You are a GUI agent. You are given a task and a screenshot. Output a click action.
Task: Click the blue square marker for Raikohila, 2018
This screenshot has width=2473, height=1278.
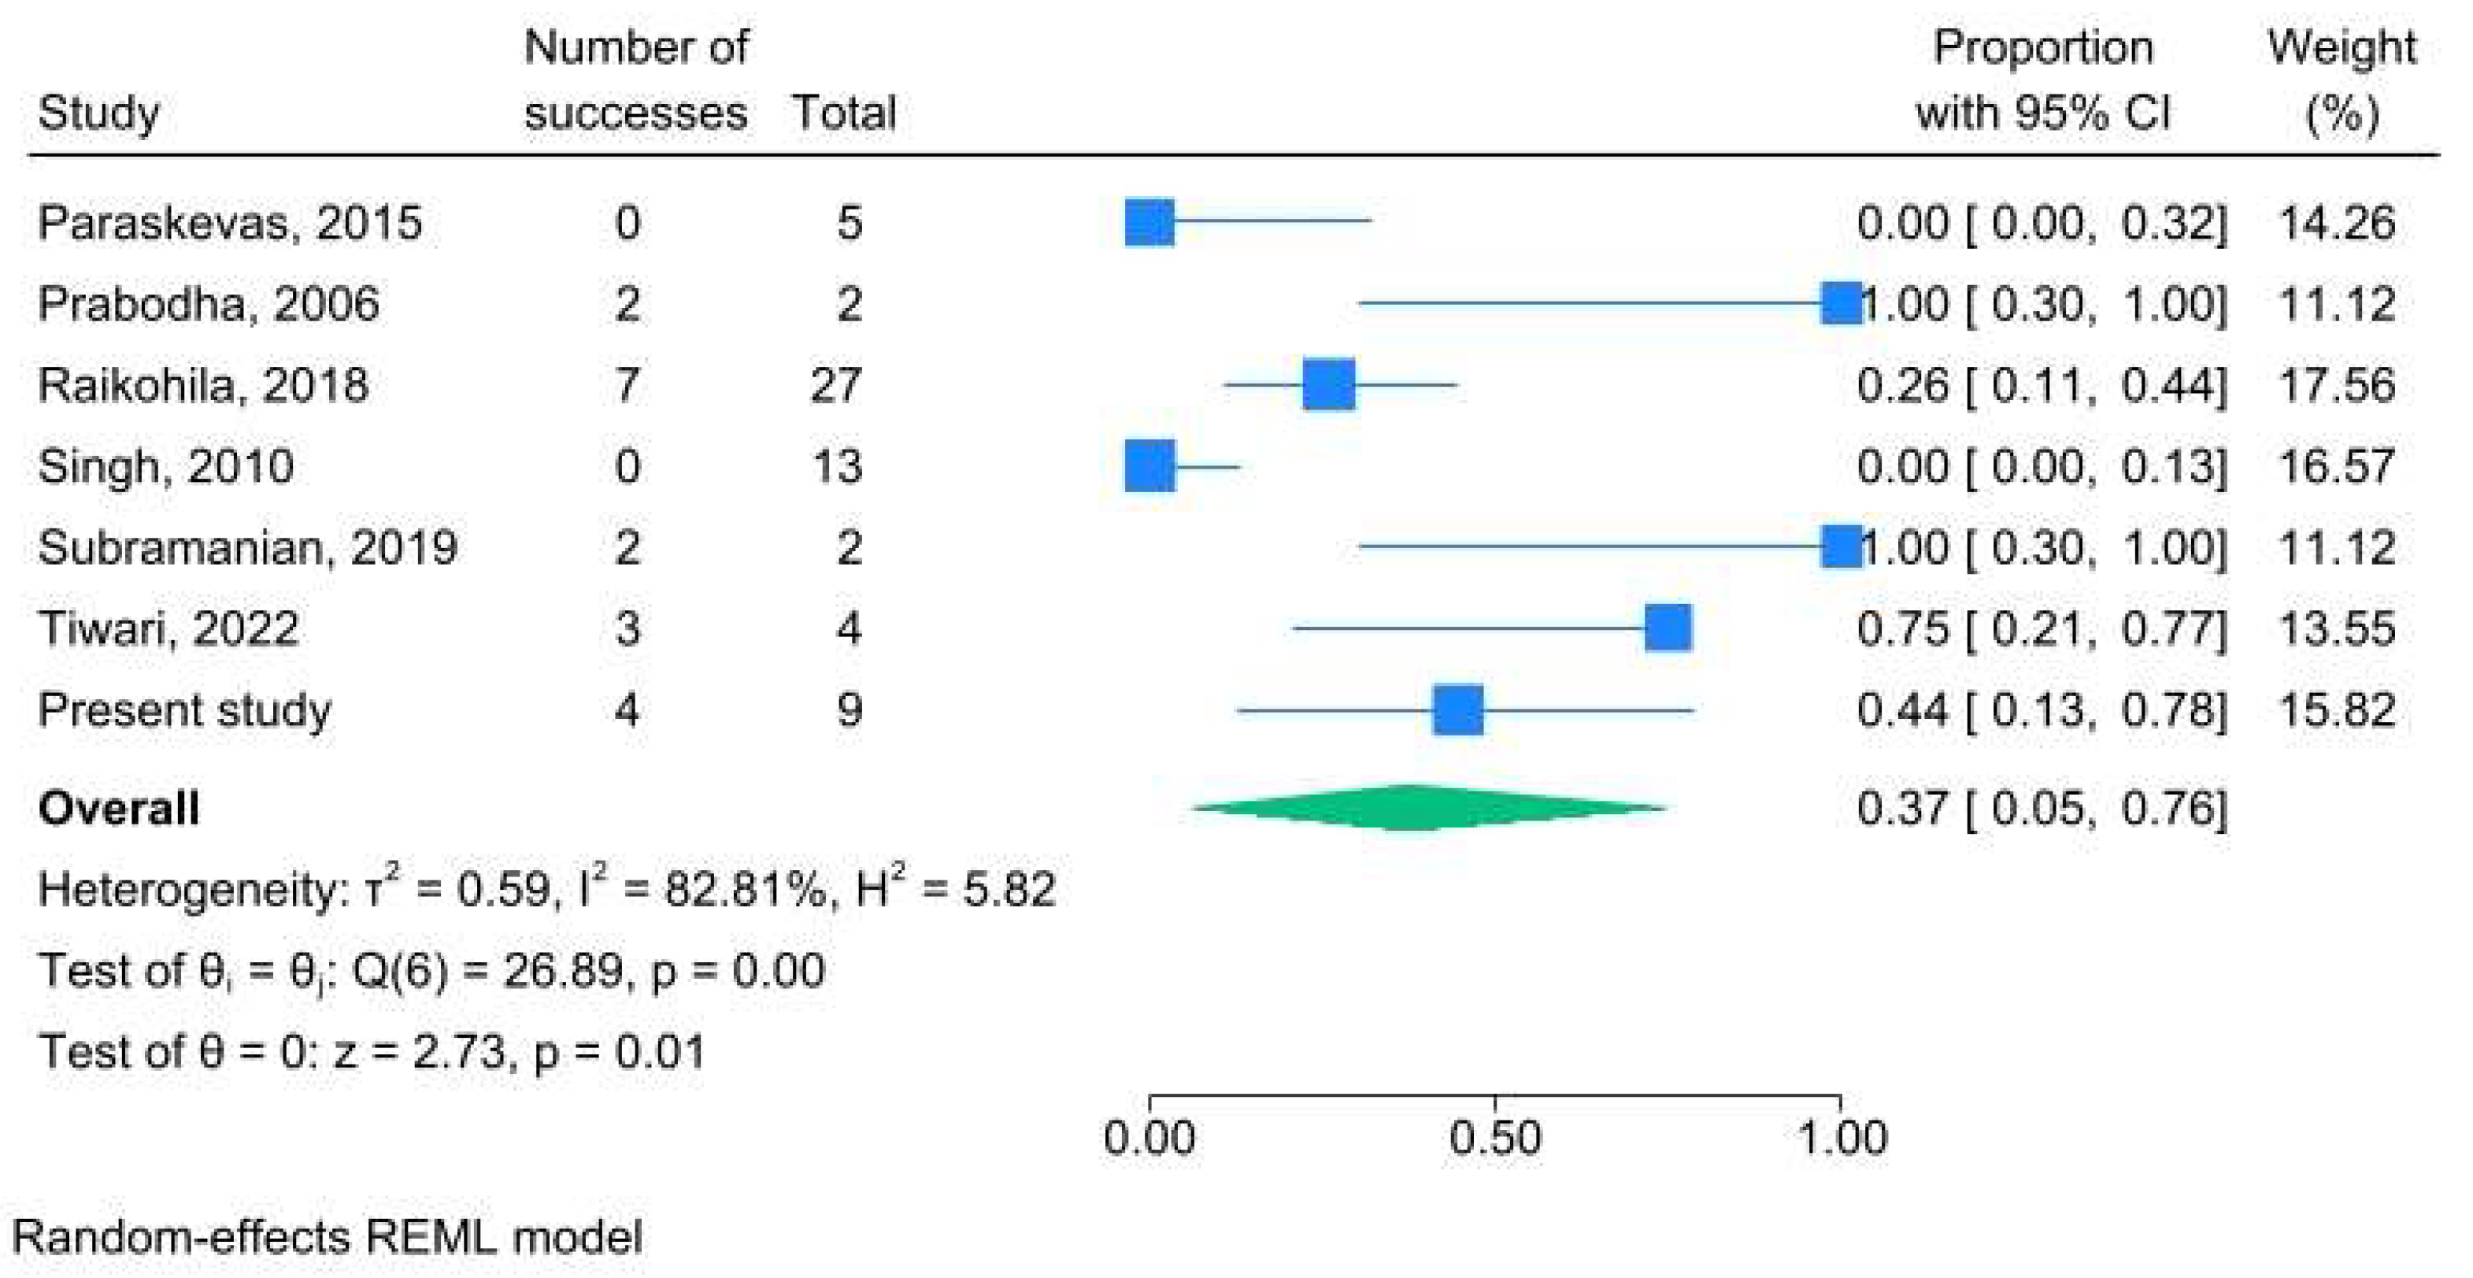point(1329,385)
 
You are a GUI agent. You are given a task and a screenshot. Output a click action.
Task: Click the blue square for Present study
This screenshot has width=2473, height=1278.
point(1457,710)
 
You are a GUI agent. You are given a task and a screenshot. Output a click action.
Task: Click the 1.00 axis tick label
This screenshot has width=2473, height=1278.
point(1842,1139)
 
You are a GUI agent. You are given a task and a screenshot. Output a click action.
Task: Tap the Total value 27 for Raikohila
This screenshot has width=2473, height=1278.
point(835,386)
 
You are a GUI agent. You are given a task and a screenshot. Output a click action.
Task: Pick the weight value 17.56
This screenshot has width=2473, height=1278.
point(2336,386)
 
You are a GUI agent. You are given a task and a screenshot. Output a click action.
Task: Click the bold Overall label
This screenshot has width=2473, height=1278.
point(119,809)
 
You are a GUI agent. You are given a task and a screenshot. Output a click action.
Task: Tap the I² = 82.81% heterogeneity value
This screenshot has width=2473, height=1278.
point(701,889)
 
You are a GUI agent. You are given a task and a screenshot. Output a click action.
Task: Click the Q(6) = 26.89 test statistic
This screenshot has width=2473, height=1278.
point(487,971)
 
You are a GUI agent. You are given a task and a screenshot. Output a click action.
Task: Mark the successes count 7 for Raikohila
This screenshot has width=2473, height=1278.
point(627,386)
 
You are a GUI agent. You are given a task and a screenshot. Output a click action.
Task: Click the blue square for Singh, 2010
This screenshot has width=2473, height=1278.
point(1150,467)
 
